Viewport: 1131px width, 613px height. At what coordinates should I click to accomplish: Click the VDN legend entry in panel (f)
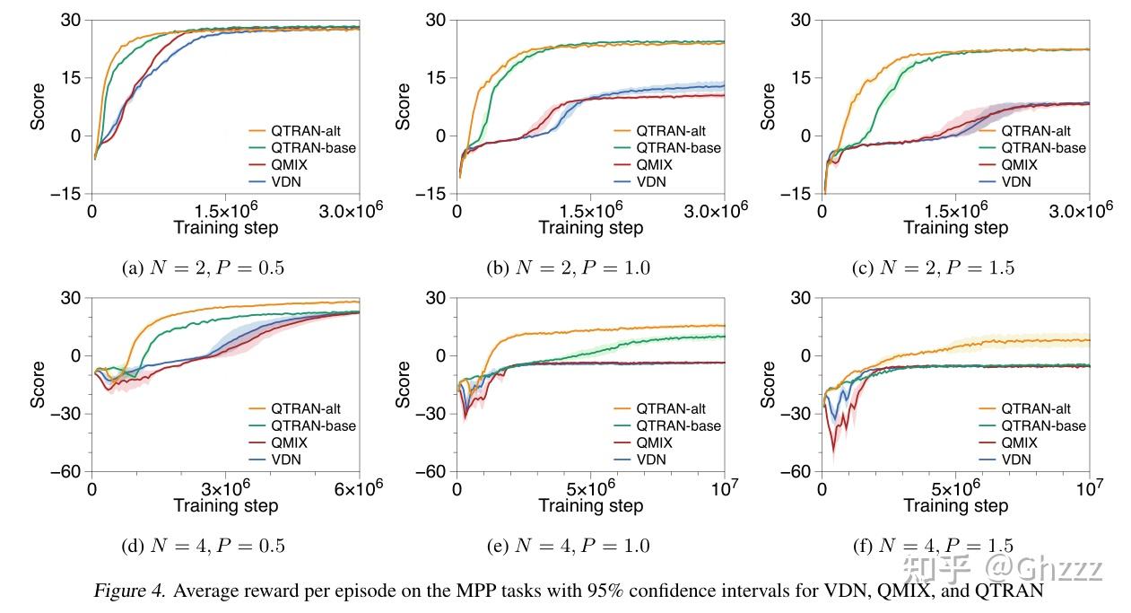[1017, 460]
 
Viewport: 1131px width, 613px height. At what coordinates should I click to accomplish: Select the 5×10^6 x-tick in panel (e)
[590, 489]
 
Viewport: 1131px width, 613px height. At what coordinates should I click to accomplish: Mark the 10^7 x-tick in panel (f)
[1087, 489]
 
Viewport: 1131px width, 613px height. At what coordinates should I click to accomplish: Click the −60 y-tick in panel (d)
[68, 472]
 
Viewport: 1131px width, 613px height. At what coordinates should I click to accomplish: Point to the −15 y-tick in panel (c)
[798, 194]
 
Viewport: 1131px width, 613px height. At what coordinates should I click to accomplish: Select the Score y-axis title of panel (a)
[38, 107]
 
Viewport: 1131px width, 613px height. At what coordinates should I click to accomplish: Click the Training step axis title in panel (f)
[955, 506]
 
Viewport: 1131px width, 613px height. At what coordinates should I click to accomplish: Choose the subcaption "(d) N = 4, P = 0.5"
[202, 545]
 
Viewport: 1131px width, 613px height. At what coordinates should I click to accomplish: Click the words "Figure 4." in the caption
[128, 591]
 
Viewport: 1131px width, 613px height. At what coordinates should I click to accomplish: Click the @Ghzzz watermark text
[1044, 566]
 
